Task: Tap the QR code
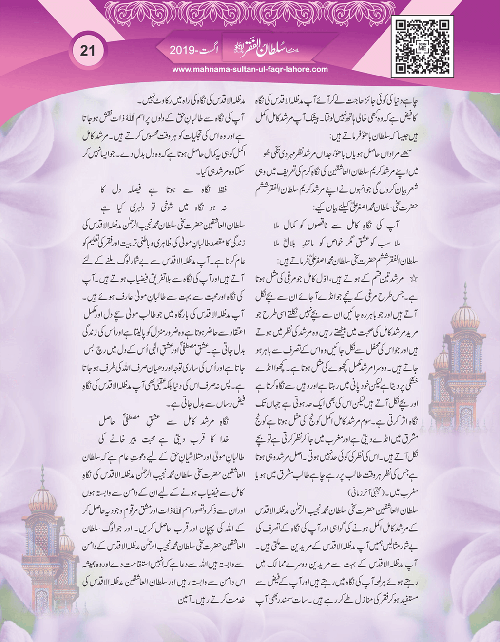422,47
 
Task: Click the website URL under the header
250,69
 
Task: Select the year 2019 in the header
181,50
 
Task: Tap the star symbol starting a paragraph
414,279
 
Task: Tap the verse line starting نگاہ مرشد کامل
167,420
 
